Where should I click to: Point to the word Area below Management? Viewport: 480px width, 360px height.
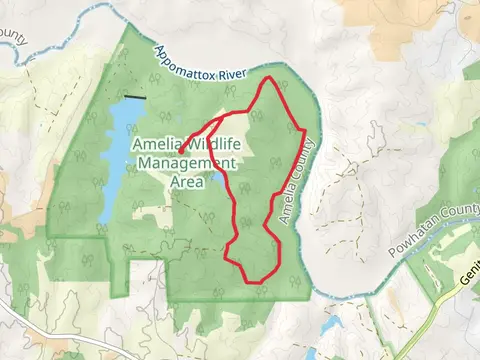click(x=187, y=183)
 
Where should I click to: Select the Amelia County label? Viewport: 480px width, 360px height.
click(x=299, y=181)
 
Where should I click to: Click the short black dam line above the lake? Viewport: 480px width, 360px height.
click(x=134, y=98)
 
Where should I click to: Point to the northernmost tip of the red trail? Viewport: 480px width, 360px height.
click(x=266, y=79)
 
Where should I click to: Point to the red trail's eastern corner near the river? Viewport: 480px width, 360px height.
click(x=302, y=129)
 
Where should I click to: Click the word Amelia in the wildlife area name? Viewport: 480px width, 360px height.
click(x=158, y=146)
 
